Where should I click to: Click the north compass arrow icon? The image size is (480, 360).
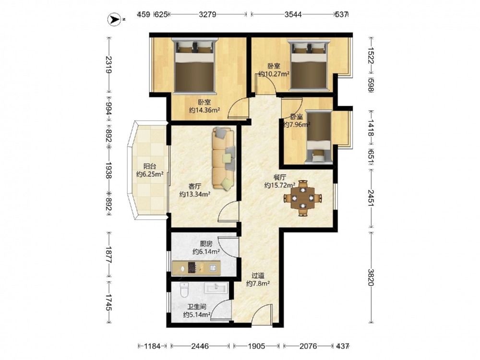pyautogui.click(x=114, y=20)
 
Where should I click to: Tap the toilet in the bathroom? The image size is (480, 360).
pyautogui.click(x=184, y=290)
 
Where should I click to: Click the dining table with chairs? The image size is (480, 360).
pyautogui.click(x=303, y=198)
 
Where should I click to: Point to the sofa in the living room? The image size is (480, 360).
pyautogui.click(x=223, y=158)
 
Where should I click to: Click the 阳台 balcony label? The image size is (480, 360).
pyautogui.click(x=150, y=167)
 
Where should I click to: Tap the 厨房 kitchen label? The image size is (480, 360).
pyautogui.click(x=206, y=244)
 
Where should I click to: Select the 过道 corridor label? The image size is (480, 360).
pyautogui.click(x=258, y=276)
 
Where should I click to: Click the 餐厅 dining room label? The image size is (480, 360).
pyautogui.click(x=279, y=178)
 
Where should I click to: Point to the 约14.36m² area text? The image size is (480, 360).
pyautogui.click(x=204, y=110)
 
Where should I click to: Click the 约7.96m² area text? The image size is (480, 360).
pyautogui.click(x=297, y=124)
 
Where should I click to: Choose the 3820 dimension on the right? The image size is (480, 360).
pyautogui.click(x=371, y=277)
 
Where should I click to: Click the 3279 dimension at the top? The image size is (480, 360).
pyautogui.click(x=207, y=14)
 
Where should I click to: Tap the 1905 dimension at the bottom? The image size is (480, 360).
pyautogui.click(x=256, y=346)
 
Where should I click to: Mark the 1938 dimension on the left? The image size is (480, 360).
pyautogui.click(x=108, y=170)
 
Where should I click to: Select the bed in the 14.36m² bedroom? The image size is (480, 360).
pyautogui.click(x=194, y=65)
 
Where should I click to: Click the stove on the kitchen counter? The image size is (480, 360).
pyautogui.click(x=192, y=268)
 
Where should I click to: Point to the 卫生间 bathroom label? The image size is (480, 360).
pyautogui.click(x=196, y=307)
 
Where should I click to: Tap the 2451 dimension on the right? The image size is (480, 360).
pyautogui.click(x=371, y=198)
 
